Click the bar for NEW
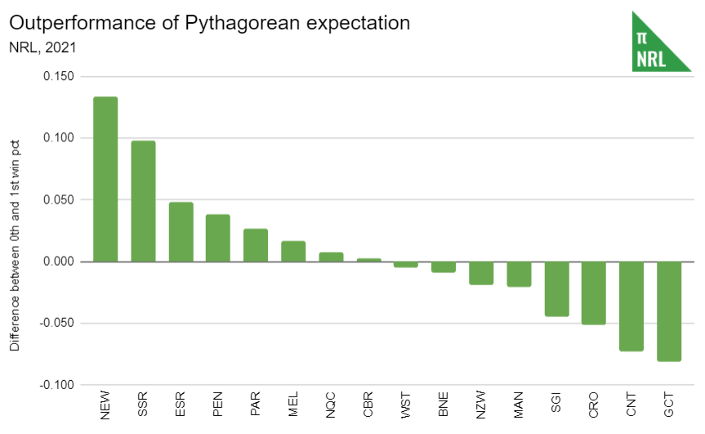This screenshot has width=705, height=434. point(105,179)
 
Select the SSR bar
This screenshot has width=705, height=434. point(143,201)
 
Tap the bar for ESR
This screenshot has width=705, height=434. point(181,231)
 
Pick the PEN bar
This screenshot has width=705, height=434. point(218,238)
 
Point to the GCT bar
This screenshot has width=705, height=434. point(668,311)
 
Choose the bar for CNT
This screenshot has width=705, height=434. point(631,306)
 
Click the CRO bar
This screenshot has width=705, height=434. point(593,293)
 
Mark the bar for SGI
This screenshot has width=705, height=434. point(556,289)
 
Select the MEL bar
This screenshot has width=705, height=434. point(293,251)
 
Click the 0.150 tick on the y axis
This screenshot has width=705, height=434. point(59,77)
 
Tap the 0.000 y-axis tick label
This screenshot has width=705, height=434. point(59,262)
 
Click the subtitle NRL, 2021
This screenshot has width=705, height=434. point(42,47)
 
